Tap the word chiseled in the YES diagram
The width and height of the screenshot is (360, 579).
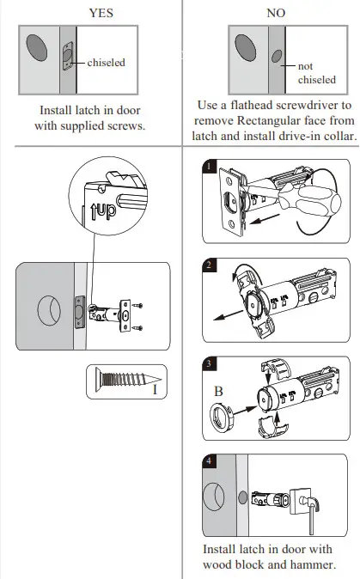[x=106, y=62]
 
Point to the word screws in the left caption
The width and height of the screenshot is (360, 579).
[x=128, y=125]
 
